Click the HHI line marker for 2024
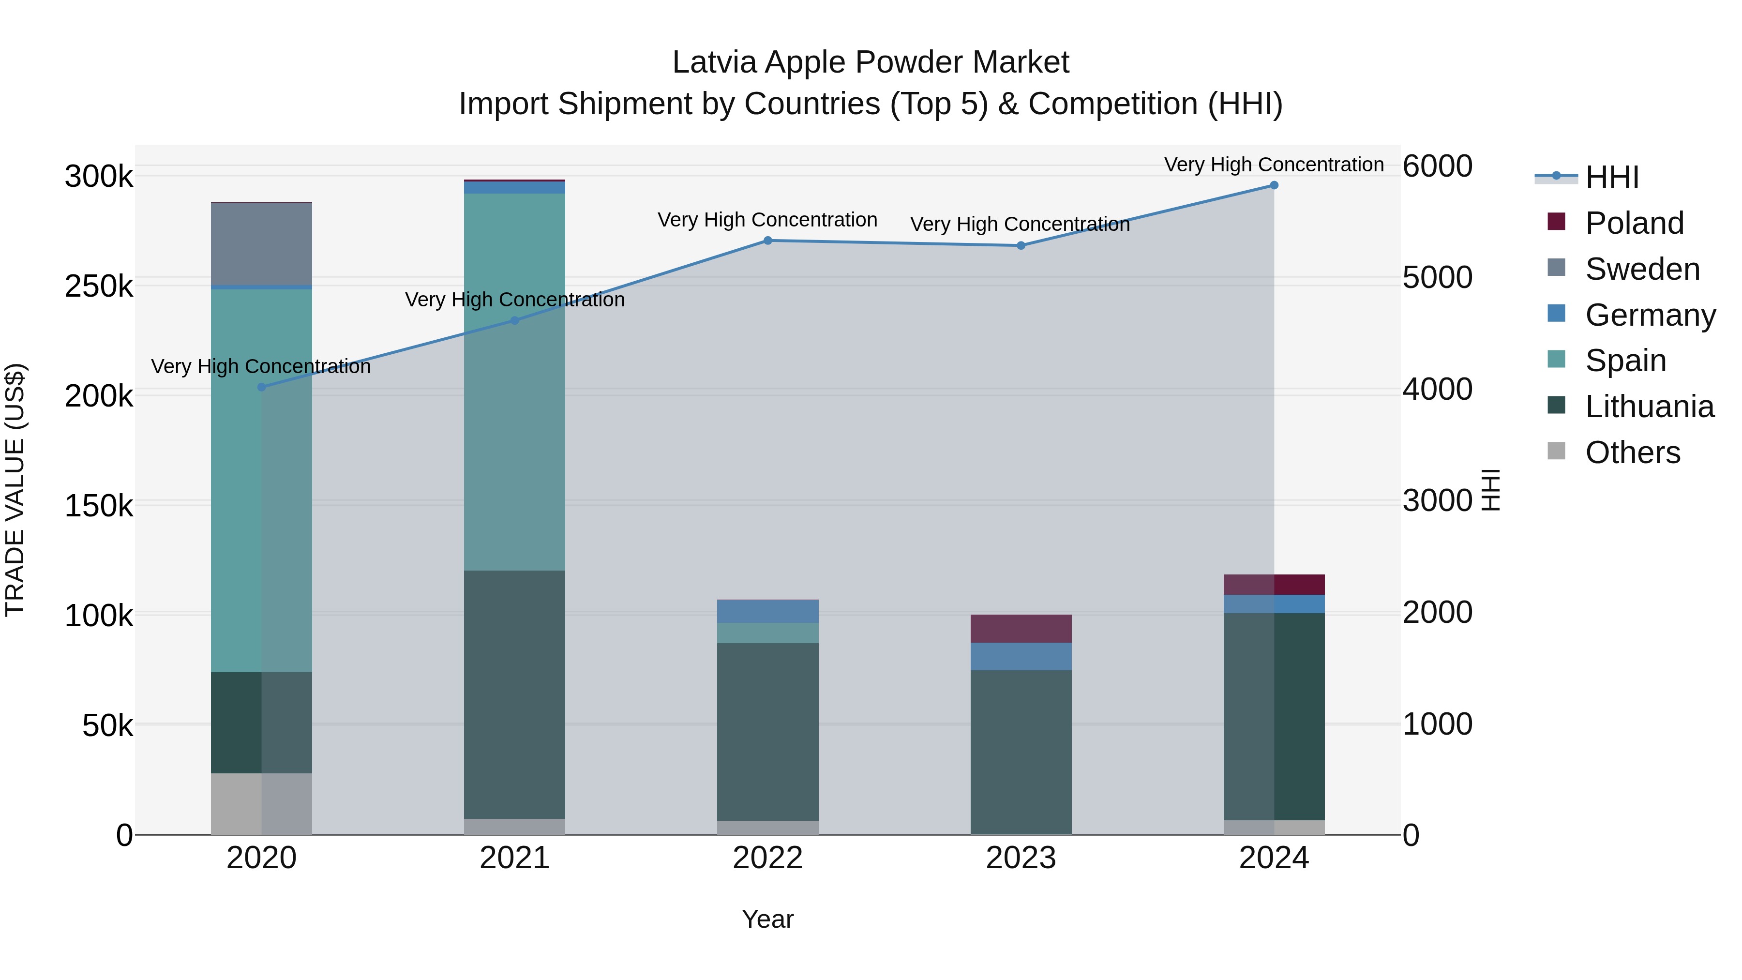[x=1274, y=185]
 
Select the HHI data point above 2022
[x=767, y=241]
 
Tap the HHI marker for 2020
[x=262, y=387]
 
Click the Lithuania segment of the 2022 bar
[x=767, y=730]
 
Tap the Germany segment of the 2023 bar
[x=1021, y=656]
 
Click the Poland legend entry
[x=1633, y=223]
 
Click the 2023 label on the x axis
[x=1021, y=858]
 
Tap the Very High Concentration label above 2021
[x=515, y=300]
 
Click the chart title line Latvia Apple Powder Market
[x=871, y=62]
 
